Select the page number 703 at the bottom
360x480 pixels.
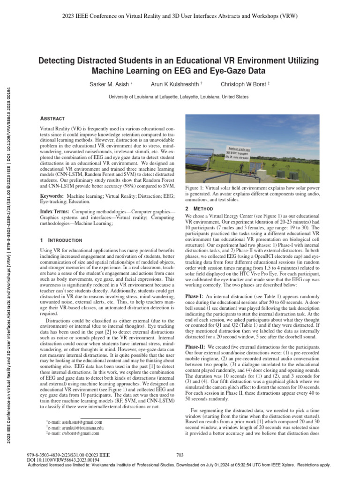click(x=180, y=455)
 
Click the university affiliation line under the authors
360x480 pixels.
click(x=179, y=97)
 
